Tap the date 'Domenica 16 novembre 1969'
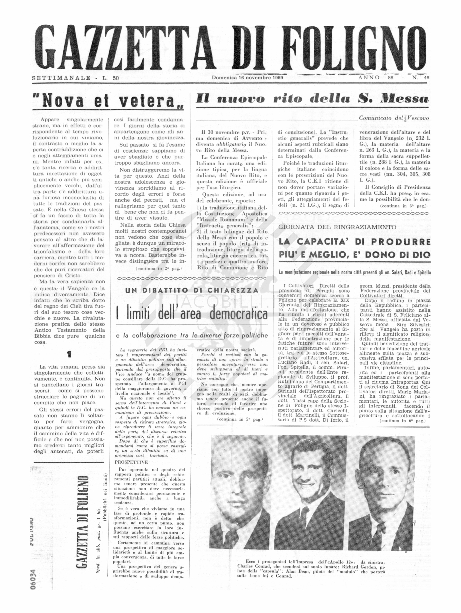[247, 78]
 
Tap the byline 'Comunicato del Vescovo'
[394, 118]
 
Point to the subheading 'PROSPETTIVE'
[131, 462]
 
